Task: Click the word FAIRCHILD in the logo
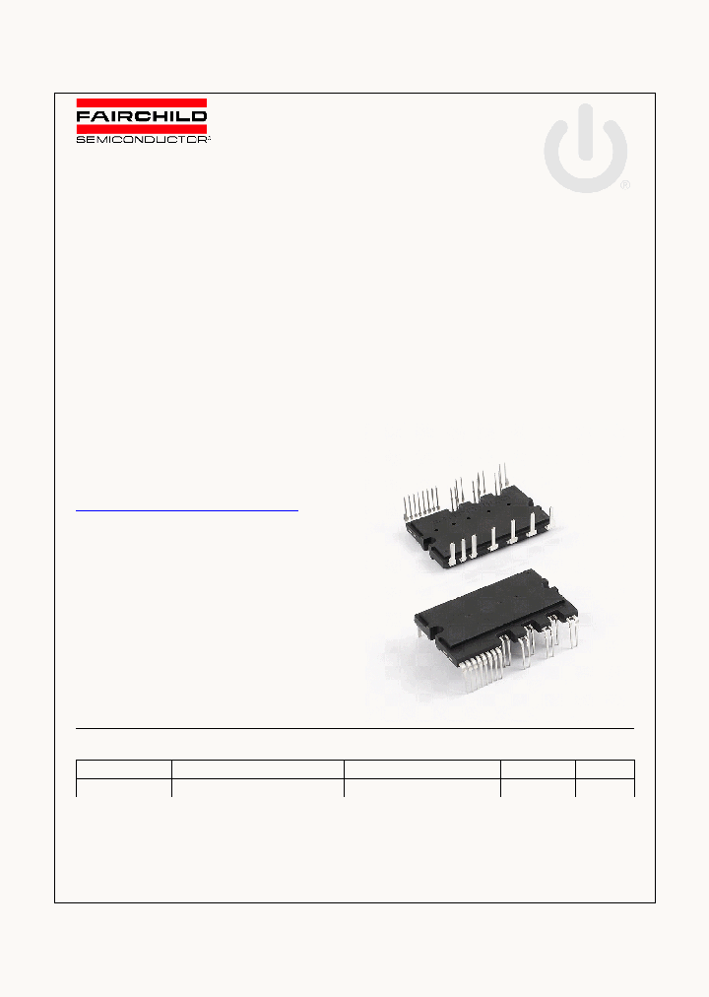tap(142, 116)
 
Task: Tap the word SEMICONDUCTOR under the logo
tap(143, 139)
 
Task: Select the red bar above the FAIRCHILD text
tap(142, 102)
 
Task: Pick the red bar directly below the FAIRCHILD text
tap(142, 128)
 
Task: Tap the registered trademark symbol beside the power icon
tap(624, 184)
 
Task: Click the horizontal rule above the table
tap(354, 729)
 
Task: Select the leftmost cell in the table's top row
tap(124, 768)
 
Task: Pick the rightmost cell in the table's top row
tap(605, 768)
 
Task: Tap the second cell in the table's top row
tap(257, 768)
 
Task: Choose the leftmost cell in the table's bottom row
tap(124, 787)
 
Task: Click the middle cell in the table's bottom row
tap(421, 787)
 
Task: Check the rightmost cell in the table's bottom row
tap(605, 787)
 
